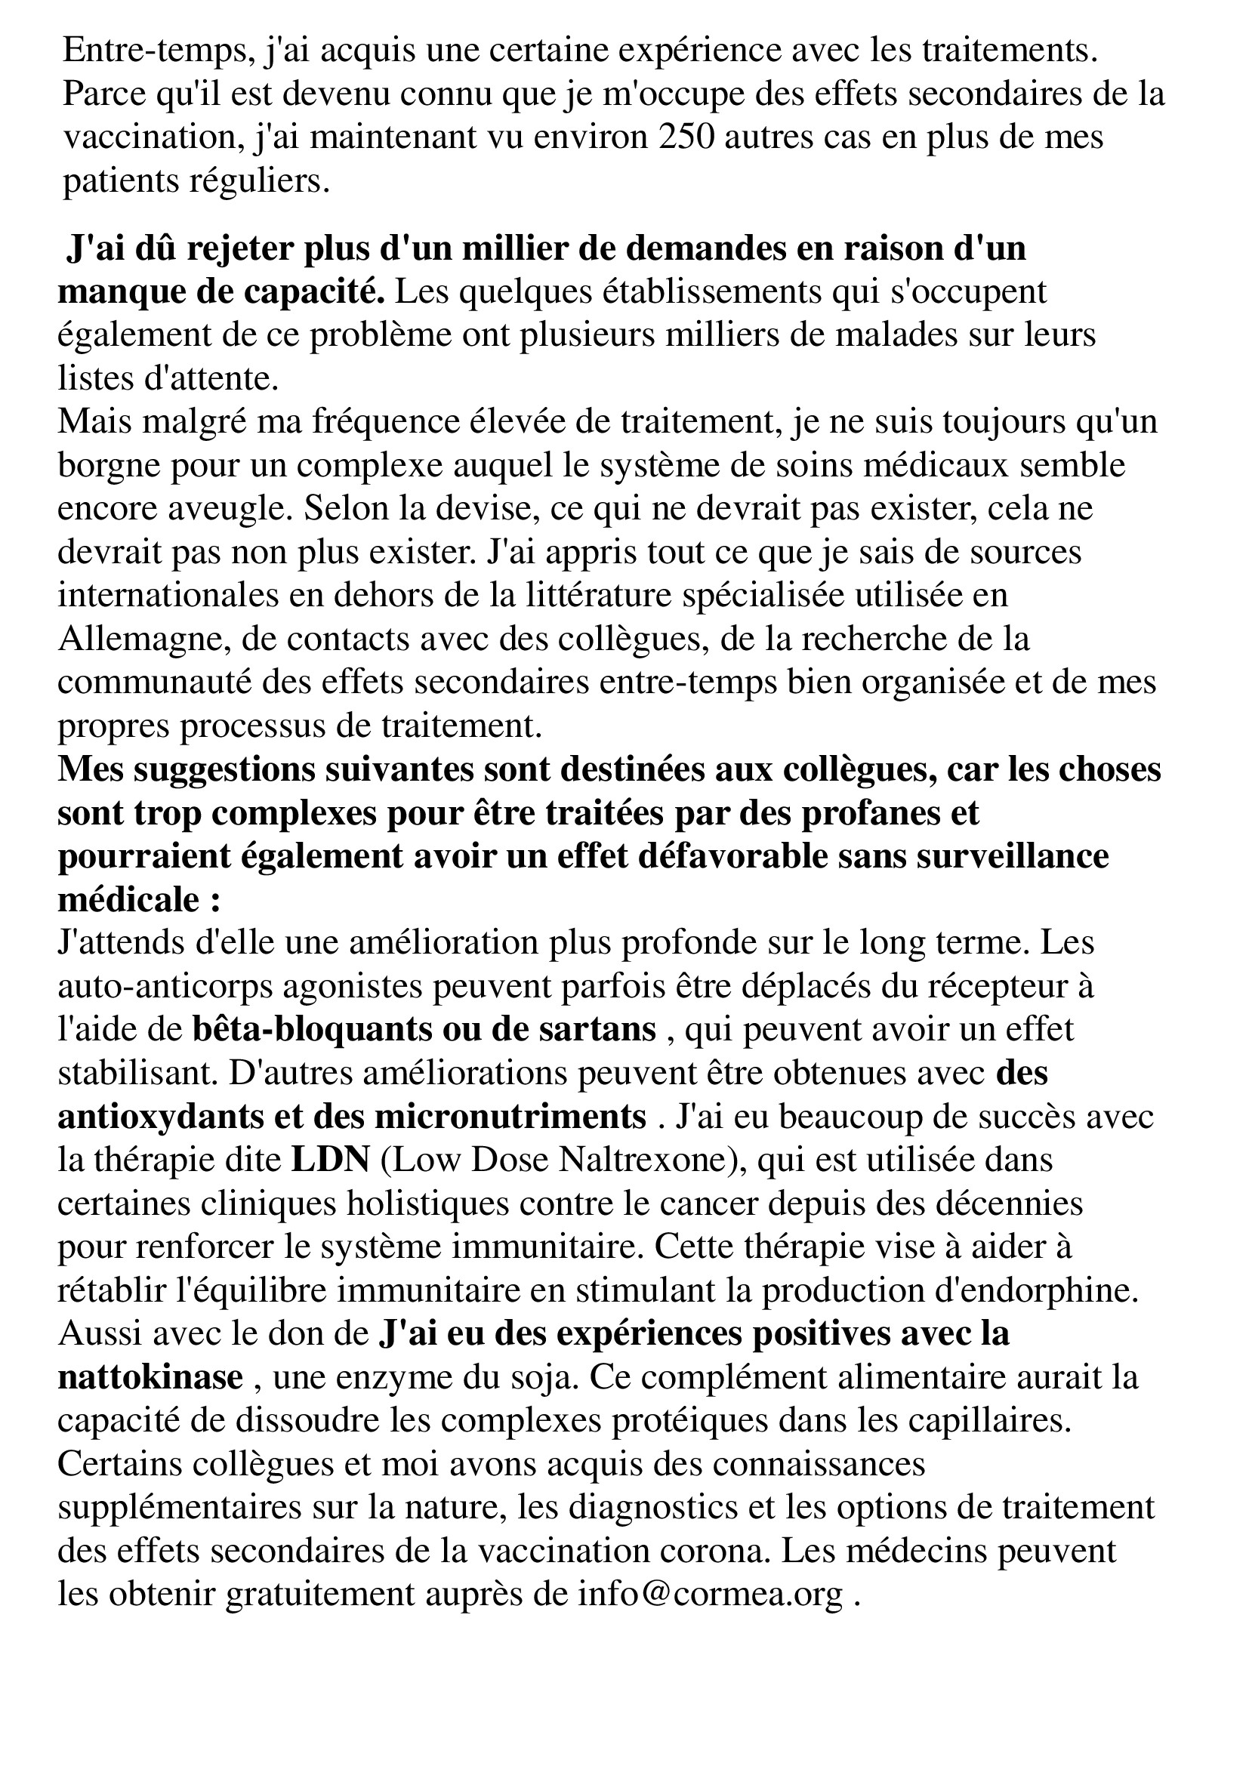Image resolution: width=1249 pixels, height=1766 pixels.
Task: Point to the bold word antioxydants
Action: click(x=159, y=1117)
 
